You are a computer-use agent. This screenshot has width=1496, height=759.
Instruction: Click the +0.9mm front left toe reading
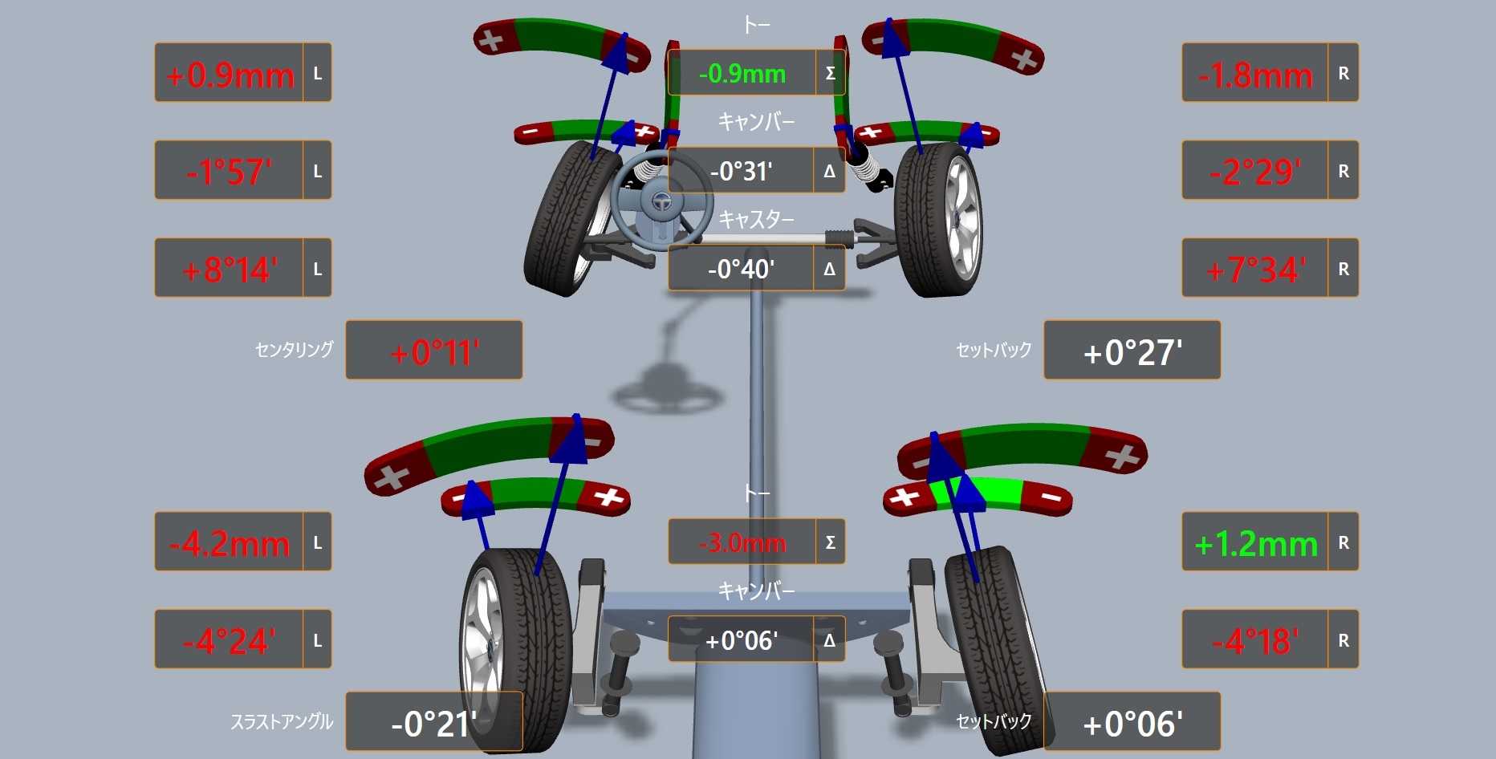pos(230,75)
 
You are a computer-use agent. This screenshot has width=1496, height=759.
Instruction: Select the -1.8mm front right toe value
pos(1255,75)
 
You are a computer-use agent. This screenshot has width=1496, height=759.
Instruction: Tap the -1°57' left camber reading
pos(229,172)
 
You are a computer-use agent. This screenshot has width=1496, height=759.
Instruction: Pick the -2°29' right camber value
pos(1255,172)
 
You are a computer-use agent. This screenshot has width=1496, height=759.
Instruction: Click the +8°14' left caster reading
pos(230,270)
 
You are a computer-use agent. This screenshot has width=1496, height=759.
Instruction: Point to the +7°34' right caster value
pos(1255,270)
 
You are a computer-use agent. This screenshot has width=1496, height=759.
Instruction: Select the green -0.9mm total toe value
pos(742,74)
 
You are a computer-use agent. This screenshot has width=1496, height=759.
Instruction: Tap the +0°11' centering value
pos(434,352)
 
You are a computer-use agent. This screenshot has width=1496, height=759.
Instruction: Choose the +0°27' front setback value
pos(1132,352)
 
